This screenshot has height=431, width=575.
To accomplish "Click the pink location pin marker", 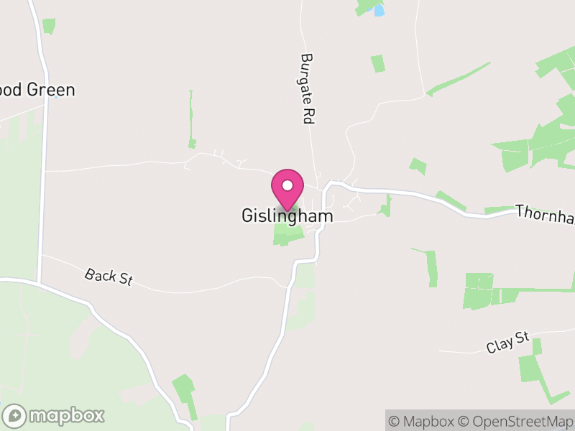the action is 287,189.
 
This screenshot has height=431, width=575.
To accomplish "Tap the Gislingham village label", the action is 287,215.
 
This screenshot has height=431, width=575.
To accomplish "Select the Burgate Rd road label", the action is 308,90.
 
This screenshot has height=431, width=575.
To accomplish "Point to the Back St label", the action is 109,277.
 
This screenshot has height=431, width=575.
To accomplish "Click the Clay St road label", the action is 507,342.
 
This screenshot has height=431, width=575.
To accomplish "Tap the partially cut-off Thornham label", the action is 545,214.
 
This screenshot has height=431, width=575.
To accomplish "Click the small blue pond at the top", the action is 379,11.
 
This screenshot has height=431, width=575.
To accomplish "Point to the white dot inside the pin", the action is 287,185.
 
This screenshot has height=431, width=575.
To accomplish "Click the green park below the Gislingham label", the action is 286,235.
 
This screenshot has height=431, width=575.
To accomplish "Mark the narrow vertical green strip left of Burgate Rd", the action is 192,119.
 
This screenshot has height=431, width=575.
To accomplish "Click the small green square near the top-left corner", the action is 49,26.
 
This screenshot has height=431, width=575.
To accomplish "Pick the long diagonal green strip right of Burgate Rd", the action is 459,78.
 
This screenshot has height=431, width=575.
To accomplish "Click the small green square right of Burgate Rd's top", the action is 377,63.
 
